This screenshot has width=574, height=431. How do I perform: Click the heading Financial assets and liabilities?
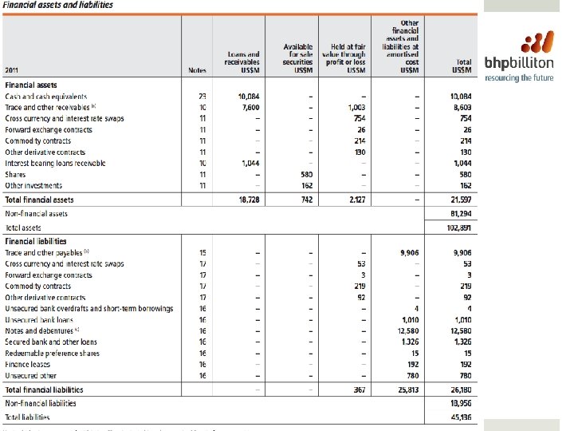tap(59, 5)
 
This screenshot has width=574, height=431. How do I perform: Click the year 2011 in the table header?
tap(13, 70)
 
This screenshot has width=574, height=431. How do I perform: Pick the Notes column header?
tap(196, 70)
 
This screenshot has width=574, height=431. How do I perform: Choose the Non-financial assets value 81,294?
tap(460, 213)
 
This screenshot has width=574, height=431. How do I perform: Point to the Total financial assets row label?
tap(45, 200)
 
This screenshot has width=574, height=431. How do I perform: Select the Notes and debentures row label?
tap(42, 330)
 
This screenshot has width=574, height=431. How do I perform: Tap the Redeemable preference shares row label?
tap(52, 353)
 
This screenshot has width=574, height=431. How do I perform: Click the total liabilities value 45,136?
tap(460, 416)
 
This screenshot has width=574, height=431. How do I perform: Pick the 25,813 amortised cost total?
tap(407, 389)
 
